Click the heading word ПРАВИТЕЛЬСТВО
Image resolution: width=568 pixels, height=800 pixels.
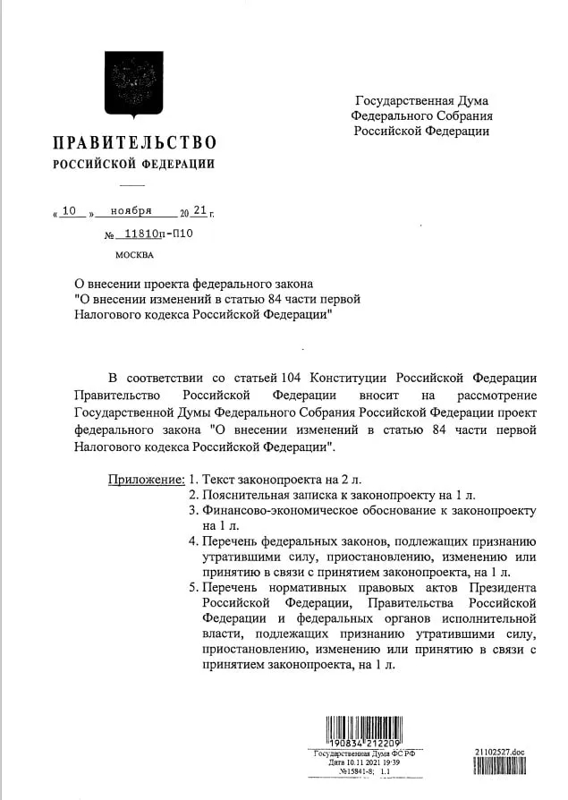click(134, 142)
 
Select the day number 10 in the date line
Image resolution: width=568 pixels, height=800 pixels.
click(72, 211)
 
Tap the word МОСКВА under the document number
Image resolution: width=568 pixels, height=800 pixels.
click(134, 255)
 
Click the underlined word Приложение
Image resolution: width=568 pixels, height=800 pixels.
click(146, 479)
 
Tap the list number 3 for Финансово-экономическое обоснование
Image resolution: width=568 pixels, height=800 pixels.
click(193, 510)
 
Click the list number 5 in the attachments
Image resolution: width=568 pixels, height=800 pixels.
click(193, 587)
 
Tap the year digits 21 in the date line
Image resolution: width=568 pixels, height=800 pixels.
click(199, 211)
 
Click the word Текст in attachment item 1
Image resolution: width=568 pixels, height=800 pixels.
click(220, 479)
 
